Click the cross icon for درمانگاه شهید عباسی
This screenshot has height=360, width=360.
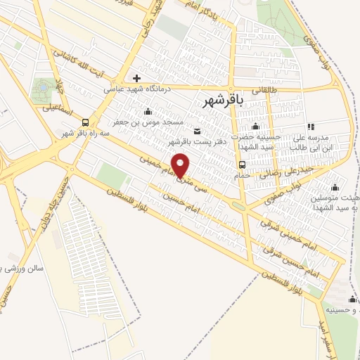click(136, 78)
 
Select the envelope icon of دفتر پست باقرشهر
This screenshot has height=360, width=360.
click(196, 130)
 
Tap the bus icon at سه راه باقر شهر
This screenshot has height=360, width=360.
click(85, 121)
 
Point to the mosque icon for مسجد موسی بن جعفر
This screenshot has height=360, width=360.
click(148, 111)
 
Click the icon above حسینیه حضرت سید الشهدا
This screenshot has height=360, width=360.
click(255, 126)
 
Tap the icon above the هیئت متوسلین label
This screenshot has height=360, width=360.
click(335, 187)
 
